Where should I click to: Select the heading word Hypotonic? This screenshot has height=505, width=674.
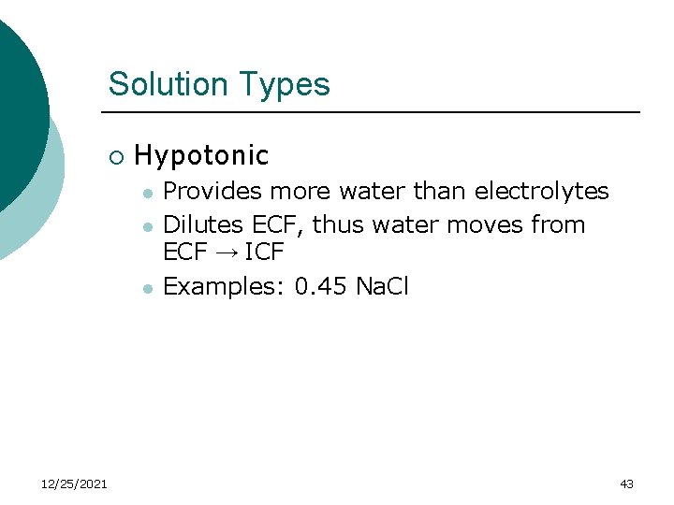pyautogui.click(x=201, y=155)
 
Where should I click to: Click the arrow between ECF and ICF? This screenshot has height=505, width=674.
pyautogui.click(x=223, y=252)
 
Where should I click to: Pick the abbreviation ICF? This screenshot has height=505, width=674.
pyautogui.click(x=263, y=252)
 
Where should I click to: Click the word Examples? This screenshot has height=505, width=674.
pyautogui.click(x=224, y=286)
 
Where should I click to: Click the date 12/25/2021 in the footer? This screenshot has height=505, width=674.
pyautogui.click(x=75, y=483)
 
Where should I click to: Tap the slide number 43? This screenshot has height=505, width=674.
pyautogui.click(x=626, y=483)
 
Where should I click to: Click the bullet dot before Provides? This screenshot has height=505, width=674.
pyautogui.click(x=147, y=194)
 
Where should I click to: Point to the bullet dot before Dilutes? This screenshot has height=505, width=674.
pyautogui.click(x=147, y=227)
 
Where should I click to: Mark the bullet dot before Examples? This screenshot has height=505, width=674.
pyautogui.click(x=147, y=288)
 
